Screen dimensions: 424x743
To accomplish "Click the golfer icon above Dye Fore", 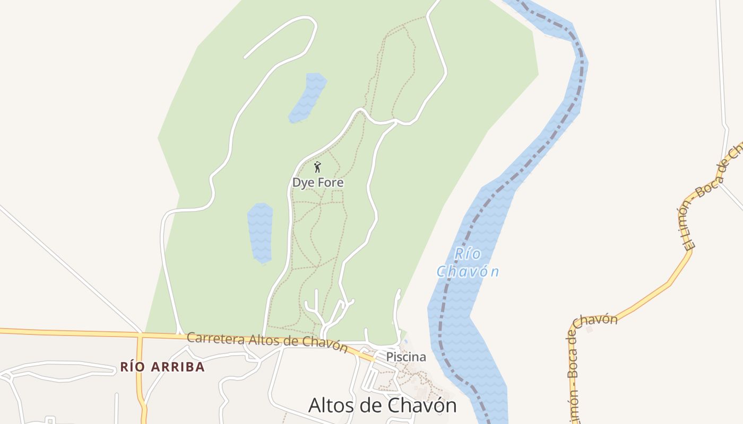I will coord(317,167).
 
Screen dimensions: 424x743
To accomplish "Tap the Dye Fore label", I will coord(318,183).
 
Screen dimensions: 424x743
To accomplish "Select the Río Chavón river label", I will coord(468,262).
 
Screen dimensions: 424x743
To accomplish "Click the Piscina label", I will coord(406,357).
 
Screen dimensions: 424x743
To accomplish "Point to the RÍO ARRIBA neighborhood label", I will coord(162,367).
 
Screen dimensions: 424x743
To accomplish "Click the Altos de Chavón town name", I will coord(382,405).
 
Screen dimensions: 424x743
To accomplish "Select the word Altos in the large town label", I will coord(331,405).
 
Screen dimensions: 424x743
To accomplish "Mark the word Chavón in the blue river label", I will coord(468,272).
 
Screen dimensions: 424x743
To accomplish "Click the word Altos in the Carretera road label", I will coord(260,340).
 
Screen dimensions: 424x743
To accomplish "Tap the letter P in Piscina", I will coord(389,357).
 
